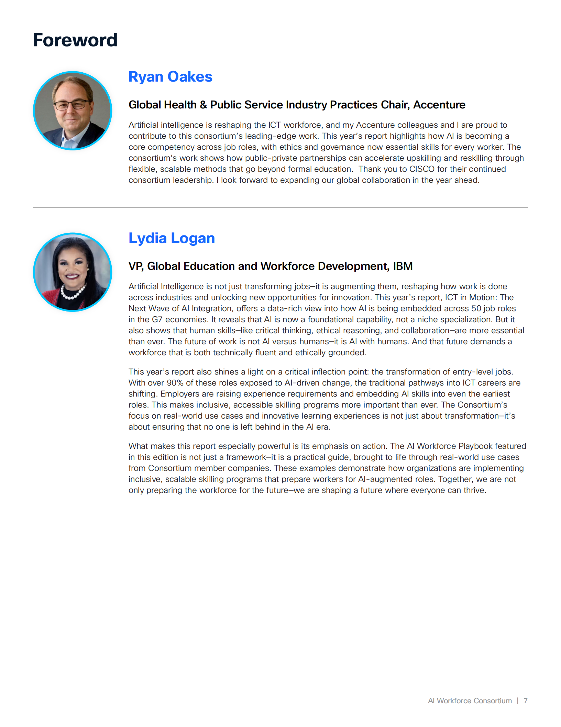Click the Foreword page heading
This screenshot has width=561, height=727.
point(75,40)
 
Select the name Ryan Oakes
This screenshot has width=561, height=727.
point(170,77)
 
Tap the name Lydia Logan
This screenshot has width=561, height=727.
point(172,238)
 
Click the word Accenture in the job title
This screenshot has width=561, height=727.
point(439,105)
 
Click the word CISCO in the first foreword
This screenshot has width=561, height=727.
point(422,169)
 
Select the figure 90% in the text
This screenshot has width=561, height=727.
point(175,383)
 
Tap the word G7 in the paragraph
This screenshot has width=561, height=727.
point(157,319)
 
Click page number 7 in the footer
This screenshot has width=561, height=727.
point(525,701)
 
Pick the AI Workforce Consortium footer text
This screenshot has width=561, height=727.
point(470,701)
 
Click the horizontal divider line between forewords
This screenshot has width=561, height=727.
point(280,208)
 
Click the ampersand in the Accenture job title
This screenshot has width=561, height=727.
point(203,105)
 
